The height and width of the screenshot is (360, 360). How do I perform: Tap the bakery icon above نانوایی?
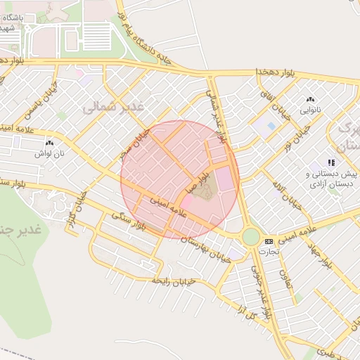[x=310, y=100]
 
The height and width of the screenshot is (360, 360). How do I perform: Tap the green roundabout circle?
[x=251, y=236]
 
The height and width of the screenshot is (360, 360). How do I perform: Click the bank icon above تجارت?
[x=268, y=241]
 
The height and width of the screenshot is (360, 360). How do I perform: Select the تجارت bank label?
[x=268, y=251]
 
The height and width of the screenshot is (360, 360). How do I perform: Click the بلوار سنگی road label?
[x=127, y=220]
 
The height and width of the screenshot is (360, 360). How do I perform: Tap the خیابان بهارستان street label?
[x=207, y=245]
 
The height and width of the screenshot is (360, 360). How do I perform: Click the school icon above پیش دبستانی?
[x=330, y=163]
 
